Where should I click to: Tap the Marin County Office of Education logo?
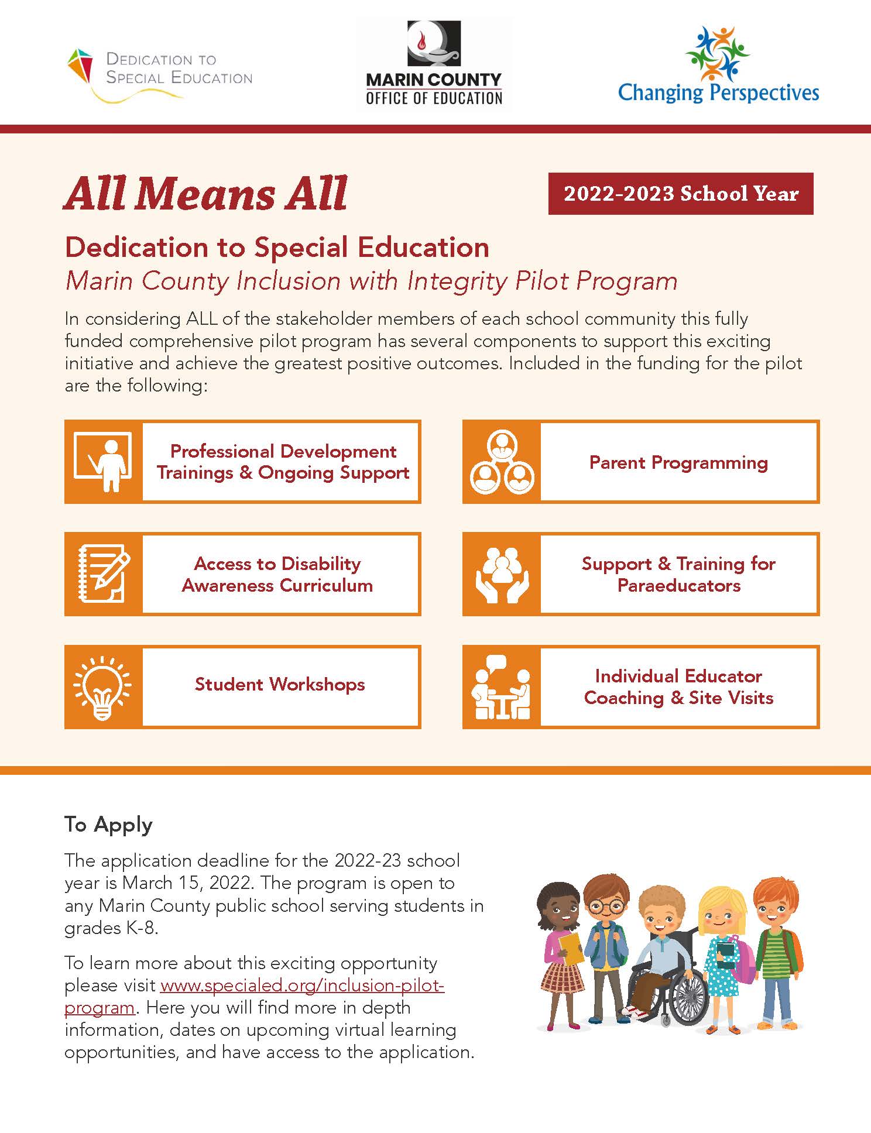tap(434, 64)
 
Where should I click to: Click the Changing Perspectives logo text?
tap(718, 92)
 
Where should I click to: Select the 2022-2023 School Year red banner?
tap(680, 194)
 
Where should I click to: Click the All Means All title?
tap(205, 194)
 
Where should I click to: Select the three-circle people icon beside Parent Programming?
tap(502, 462)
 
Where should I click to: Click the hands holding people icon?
tap(502, 574)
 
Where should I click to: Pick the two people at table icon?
tap(502, 687)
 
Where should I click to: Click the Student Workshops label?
tap(280, 684)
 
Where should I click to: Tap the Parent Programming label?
tap(678, 462)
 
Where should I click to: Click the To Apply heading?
tap(108, 824)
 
